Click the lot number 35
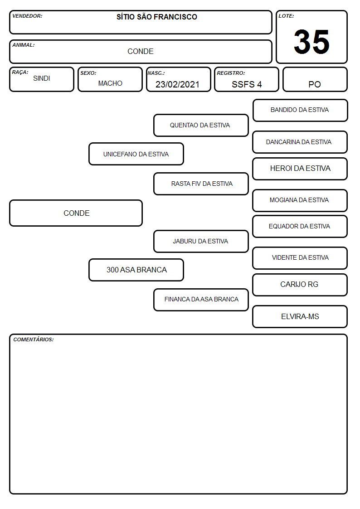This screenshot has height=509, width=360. pos(311,42)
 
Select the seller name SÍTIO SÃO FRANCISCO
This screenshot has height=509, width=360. pos(157,17)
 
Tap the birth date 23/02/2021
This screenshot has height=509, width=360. pos(177,84)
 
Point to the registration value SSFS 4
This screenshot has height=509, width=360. pos(247,84)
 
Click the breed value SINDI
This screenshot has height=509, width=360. pos(42,78)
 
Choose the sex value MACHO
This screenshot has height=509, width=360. pos(110,83)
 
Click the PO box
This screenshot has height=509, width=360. pos(315,79)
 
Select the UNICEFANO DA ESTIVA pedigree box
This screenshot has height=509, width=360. pos(136,154)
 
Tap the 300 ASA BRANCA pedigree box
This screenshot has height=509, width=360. pos(136,270)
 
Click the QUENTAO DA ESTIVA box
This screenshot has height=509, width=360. pos(201,125)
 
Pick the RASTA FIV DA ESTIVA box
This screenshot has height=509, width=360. pos(201,184)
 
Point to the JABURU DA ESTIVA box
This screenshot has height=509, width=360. pos(201,241)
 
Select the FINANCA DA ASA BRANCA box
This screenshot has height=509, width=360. pos(201,300)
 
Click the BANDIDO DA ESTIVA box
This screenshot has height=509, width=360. pos(300,111)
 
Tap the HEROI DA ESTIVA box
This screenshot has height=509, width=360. pos(300,169)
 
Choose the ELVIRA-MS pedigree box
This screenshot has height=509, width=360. pos(300,316)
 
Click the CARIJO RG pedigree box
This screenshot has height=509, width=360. pos(300,285)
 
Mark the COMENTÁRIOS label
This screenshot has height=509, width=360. pos(34,339)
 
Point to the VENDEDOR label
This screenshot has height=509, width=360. pos(27,16)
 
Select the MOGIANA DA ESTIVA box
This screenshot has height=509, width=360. pos(300,200)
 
